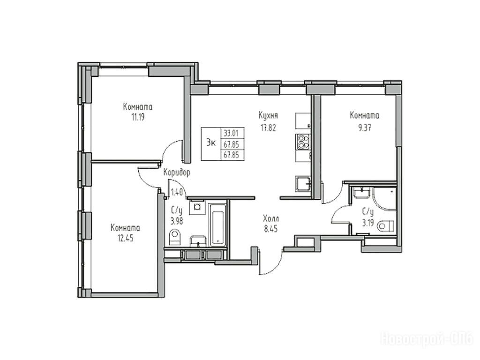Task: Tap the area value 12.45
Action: point(126,238)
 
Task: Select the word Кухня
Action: point(268,115)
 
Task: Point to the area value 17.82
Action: point(268,127)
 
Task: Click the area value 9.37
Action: point(365,127)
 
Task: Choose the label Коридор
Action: point(177,172)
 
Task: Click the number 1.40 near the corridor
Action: point(177,193)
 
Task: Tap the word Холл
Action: point(271,219)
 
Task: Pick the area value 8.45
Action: point(271,229)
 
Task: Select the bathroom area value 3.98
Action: point(177,221)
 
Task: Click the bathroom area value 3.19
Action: point(368,223)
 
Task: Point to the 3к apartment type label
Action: point(211,142)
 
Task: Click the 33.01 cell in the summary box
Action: point(232,133)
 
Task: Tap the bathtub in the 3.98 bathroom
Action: point(217,224)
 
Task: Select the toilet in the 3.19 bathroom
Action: point(386,226)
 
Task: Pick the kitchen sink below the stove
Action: point(303,184)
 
